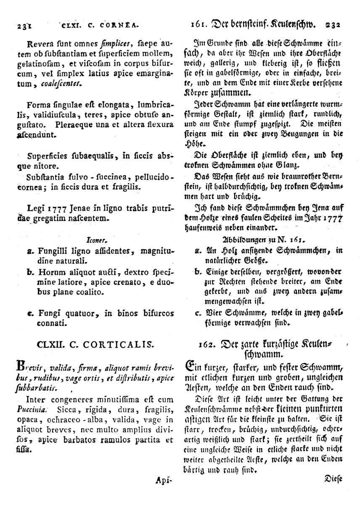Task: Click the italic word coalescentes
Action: [x=61, y=85]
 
